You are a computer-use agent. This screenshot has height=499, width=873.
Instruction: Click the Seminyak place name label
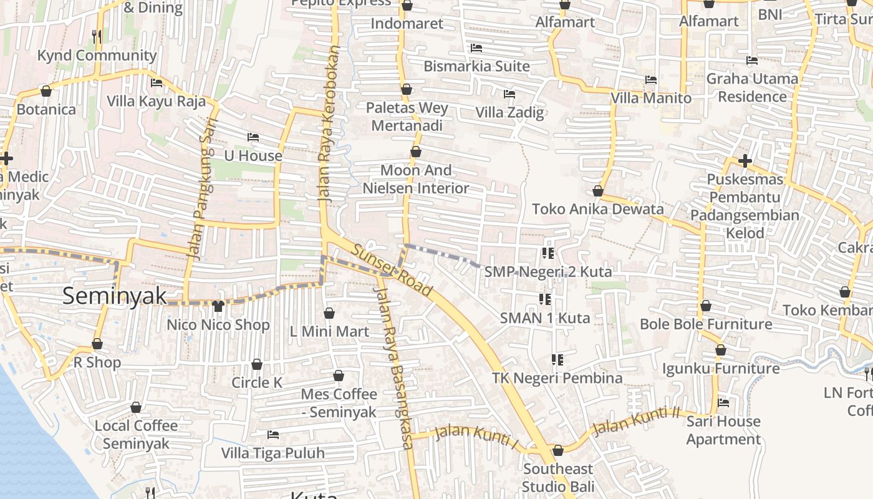pyautogui.click(x=115, y=296)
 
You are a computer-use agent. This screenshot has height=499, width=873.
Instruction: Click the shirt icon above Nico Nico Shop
pyautogui.click(x=218, y=306)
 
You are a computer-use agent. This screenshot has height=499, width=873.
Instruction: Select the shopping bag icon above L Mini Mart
pyautogui.click(x=329, y=313)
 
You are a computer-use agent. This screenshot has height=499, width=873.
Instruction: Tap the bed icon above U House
pyautogui.click(x=253, y=137)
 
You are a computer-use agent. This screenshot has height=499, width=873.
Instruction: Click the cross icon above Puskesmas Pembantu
pyautogui.click(x=745, y=162)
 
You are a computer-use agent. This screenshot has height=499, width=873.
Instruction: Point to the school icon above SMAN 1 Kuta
pyautogui.click(x=545, y=300)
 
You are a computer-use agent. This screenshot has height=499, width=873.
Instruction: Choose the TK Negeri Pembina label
pyautogui.click(x=557, y=378)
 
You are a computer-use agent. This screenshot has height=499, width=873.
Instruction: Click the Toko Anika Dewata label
pyautogui.click(x=597, y=209)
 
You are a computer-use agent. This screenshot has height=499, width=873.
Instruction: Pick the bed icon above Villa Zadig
pyautogui.click(x=509, y=94)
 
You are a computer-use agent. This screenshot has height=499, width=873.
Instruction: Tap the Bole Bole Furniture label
pyautogui.click(x=706, y=324)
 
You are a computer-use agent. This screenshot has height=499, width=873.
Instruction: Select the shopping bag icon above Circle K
pyautogui.click(x=257, y=364)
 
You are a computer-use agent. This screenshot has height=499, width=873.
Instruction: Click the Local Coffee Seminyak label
pyautogui.click(x=136, y=435)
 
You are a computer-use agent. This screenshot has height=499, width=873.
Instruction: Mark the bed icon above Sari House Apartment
pyautogui.click(x=723, y=403)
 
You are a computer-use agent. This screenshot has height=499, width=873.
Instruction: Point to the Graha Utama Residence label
pyautogui.click(x=752, y=88)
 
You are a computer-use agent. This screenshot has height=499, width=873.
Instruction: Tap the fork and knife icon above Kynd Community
pyautogui.click(x=97, y=36)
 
